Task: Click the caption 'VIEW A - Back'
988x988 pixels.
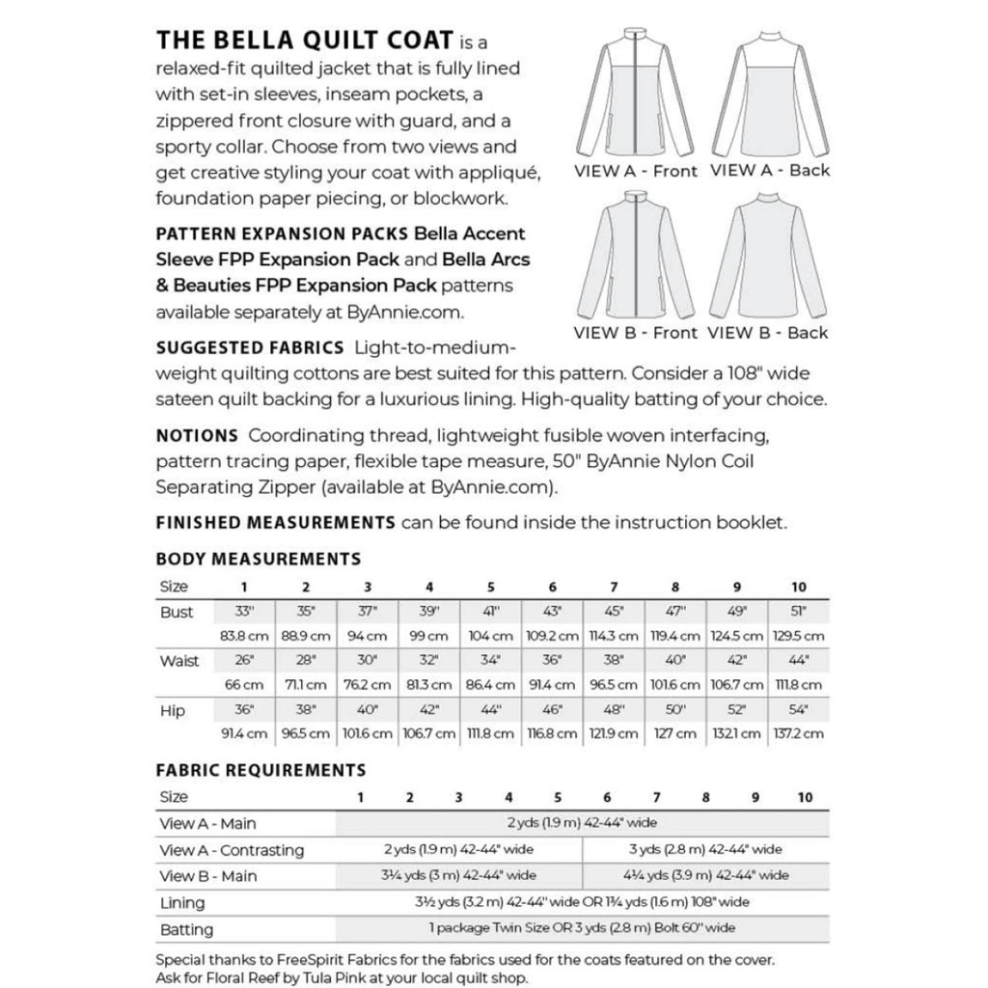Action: (769, 171)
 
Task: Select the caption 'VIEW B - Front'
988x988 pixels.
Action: (635, 333)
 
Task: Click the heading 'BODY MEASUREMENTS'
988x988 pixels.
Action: (259, 559)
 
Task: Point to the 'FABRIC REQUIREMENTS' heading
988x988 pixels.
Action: (261, 770)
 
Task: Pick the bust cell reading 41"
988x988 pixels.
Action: (490, 612)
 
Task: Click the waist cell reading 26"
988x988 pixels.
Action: (243, 661)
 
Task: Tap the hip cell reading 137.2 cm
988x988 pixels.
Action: (799, 734)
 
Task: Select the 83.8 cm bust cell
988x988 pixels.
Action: (243, 636)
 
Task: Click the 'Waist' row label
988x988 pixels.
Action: (179, 661)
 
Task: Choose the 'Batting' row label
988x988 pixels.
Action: (186, 930)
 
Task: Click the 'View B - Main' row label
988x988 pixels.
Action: (208, 876)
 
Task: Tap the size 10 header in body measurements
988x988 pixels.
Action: (799, 587)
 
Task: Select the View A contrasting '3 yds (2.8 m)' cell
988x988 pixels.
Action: (705, 850)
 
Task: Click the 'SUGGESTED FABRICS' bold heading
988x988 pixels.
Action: (250, 347)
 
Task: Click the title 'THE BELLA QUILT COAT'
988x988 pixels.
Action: (305, 41)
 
